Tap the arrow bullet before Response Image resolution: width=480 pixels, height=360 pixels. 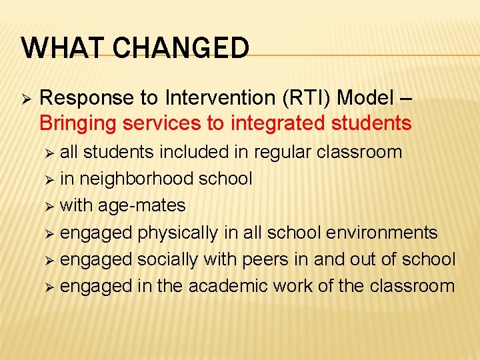(26, 99)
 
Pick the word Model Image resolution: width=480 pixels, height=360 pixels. (367, 97)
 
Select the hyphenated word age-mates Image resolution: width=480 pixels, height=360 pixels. (142, 206)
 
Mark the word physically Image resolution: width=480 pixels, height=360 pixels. (177, 233)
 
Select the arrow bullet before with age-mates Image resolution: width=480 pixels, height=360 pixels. (50, 206)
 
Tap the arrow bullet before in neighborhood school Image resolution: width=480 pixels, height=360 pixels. (50, 179)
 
